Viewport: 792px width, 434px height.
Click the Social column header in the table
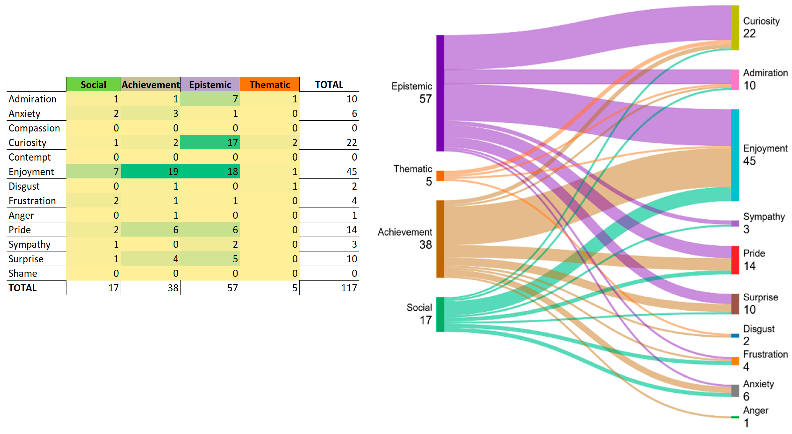click(93, 84)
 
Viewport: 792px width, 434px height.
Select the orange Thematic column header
click(270, 84)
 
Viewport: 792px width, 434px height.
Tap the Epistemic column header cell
click(210, 84)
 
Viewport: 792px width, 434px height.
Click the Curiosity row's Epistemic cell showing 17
click(210, 142)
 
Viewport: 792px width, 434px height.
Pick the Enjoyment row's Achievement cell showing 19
click(150, 171)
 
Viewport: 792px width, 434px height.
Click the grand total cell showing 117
click(329, 288)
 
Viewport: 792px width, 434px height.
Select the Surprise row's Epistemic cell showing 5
click(210, 259)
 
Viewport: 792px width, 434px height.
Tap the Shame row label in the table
click(23, 273)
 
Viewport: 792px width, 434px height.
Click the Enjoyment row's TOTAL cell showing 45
click(329, 171)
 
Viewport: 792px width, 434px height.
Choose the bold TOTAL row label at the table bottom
click(23, 288)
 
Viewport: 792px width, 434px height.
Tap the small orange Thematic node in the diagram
click(440, 176)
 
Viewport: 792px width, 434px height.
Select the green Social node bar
click(440, 314)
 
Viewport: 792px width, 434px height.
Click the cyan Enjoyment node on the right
click(735, 155)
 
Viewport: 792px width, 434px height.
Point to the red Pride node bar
click(735, 260)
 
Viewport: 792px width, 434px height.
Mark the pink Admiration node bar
click(735, 80)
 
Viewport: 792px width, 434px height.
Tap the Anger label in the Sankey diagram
click(755, 411)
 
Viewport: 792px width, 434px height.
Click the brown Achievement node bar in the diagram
click(440, 239)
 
